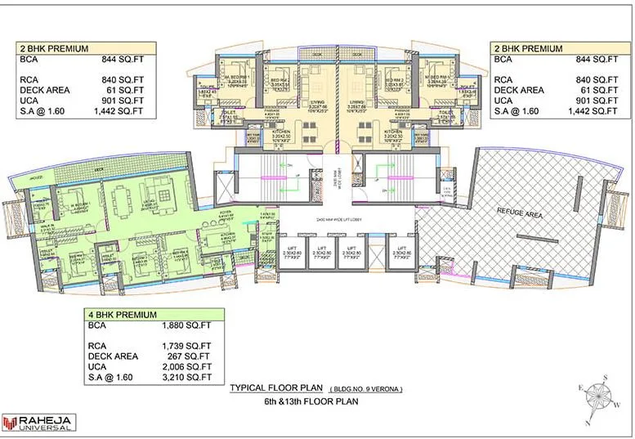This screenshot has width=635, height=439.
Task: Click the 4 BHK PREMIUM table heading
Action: pos(123,314)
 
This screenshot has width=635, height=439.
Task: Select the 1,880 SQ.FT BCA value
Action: pos(184,325)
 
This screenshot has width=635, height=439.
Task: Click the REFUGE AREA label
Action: pos(520,211)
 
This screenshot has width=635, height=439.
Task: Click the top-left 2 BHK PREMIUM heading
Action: pos(54,48)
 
